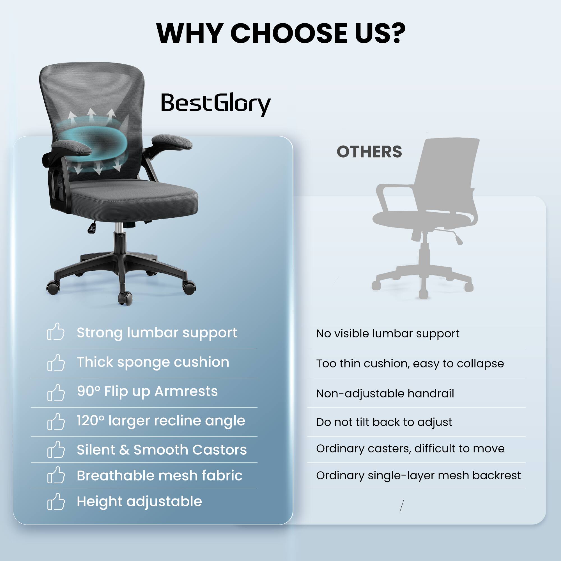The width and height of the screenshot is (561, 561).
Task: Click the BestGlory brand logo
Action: [215, 104]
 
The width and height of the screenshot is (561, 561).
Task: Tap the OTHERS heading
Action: [369, 152]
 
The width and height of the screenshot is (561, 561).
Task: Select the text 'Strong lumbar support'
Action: [157, 332]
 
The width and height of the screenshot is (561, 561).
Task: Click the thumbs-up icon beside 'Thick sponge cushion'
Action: [56, 363]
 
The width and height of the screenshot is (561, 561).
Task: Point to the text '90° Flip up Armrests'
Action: [147, 391]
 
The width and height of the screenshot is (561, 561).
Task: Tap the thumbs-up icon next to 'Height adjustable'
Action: [56, 502]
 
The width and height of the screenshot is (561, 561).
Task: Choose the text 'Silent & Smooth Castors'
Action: [162, 450]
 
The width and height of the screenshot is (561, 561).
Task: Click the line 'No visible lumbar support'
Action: [388, 334]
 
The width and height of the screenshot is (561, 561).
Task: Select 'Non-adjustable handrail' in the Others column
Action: [385, 394]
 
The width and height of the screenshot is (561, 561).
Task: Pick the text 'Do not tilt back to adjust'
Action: [384, 422]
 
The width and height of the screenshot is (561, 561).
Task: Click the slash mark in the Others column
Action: [402, 506]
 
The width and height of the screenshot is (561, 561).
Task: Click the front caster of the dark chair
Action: [125, 298]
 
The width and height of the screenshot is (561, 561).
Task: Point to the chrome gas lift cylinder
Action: [118, 228]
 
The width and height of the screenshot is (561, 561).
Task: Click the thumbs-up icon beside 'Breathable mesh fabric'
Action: [56, 476]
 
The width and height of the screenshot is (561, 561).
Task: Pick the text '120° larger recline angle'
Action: [161, 421]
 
